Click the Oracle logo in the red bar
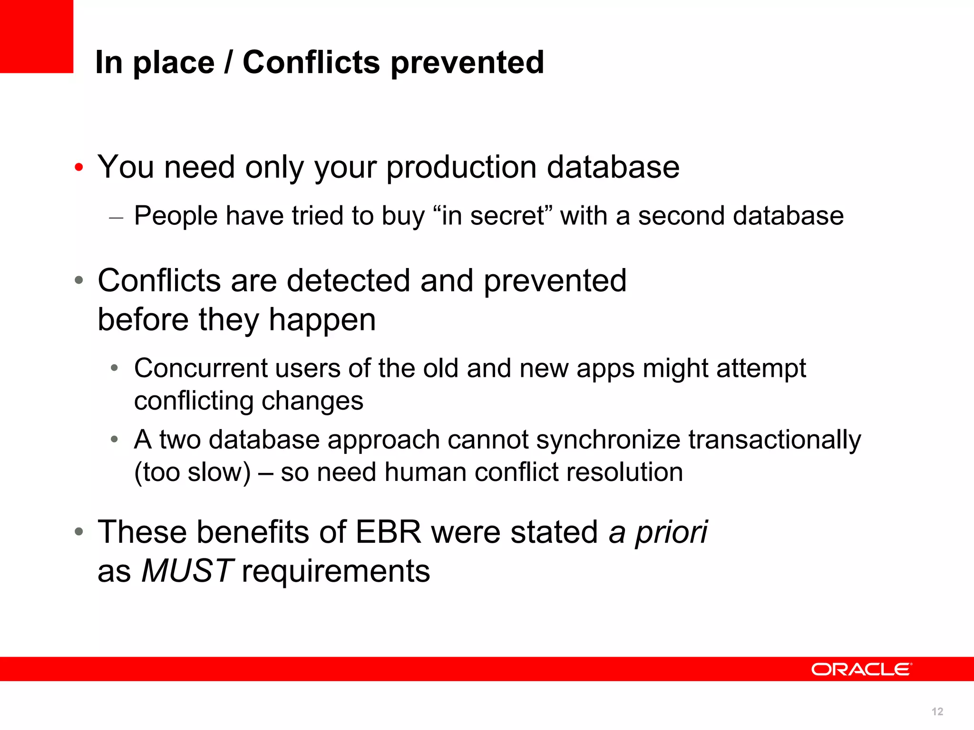[861, 669]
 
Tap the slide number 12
[937, 711]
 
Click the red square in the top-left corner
[36, 36]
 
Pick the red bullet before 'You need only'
[79, 167]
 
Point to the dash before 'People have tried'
[116, 218]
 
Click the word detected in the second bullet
[348, 280]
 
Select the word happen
[322, 319]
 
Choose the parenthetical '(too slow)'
[192, 472]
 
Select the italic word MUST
[187, 570]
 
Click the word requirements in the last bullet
[336, 571]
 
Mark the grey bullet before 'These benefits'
[79, 531]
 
